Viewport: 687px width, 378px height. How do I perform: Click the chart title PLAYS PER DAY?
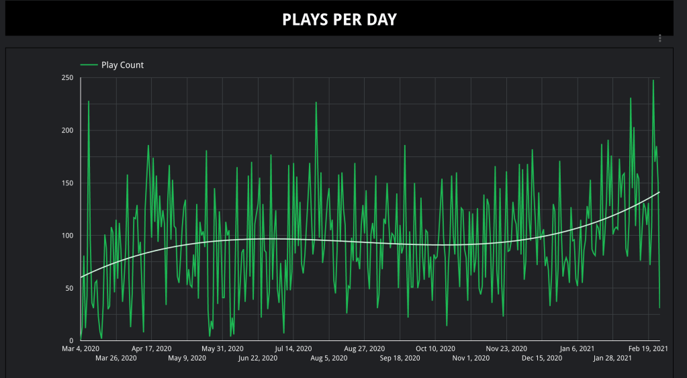339,19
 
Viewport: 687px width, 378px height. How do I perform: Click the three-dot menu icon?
660,38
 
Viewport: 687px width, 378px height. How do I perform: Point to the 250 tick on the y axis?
66,78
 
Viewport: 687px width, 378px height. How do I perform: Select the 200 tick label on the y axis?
66,130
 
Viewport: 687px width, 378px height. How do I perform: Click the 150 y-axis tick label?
66,183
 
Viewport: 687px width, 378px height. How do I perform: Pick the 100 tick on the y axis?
66,236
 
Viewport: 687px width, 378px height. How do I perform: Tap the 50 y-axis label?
68,288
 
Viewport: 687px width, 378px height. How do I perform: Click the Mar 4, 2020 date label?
81,348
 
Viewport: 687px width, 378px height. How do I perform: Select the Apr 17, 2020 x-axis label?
151,348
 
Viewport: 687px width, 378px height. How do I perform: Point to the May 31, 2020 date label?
222,348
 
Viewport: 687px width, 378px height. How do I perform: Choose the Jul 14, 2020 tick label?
293,348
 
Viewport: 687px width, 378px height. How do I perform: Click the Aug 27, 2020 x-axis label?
364,348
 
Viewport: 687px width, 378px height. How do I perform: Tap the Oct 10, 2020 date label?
435,348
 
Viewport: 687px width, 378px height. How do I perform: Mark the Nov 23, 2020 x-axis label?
506,348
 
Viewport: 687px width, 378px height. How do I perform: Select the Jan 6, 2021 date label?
577,348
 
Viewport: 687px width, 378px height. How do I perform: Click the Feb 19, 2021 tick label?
647,348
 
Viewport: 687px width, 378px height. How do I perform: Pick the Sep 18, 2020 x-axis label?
400,359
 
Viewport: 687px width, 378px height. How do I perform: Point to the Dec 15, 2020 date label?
541,359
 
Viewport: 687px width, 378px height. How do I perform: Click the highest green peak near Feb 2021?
653,81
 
